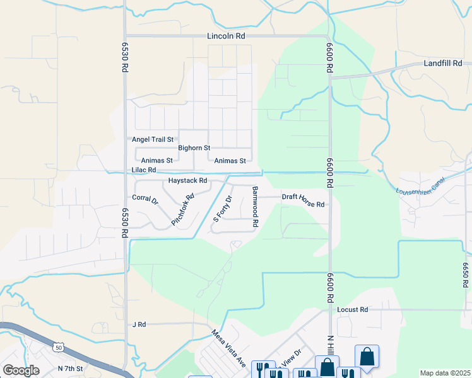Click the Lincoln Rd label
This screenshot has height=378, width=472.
coord(226,37)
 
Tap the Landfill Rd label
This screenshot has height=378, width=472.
coord(443,64)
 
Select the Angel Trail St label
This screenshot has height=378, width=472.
coord(152,139)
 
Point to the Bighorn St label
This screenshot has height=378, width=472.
coord(194,148)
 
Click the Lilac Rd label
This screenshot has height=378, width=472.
coord(143,170)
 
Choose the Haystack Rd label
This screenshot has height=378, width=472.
coord(187,181)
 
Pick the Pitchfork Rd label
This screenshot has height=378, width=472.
coord(183,210)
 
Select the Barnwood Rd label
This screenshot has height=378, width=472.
coord(256,206)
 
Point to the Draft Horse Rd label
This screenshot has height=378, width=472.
coord(303,200)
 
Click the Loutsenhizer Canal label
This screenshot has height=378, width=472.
coord(420,185)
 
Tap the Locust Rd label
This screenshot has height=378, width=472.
coord(352,310)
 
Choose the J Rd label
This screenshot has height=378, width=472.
coord(139,324)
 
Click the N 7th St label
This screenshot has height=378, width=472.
coord(70,368)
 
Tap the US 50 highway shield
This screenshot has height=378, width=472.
coord(59,346)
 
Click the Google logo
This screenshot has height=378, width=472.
coord(21,370)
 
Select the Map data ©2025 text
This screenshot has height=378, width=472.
coord(445,373)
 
